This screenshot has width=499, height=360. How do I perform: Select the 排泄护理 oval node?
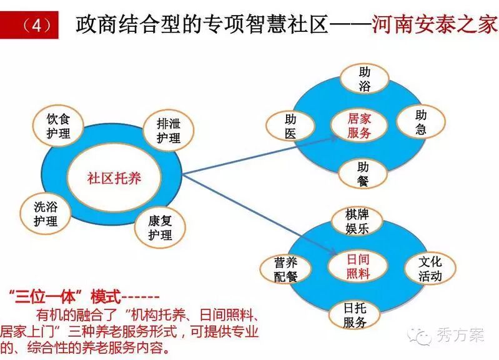tap(169, 130)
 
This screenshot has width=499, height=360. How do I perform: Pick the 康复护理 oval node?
tap(160, 228)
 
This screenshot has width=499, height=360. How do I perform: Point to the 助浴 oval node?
tap(364, 79)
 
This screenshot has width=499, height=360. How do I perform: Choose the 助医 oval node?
tap(290, 125)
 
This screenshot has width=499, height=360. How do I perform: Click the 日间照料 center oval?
tap(358, 266)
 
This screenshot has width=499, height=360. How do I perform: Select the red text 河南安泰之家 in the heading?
tap(434, 24)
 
